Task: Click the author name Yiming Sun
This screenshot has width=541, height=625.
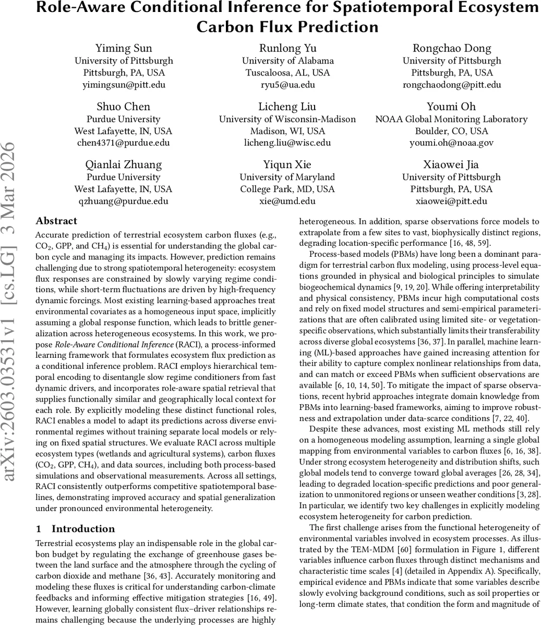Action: tap(124, 48)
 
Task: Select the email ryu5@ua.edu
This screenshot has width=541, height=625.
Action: tap(287, 84)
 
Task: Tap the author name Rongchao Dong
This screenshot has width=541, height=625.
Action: tap(452, 48)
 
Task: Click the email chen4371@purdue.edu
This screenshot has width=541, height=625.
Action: tap(124, 143)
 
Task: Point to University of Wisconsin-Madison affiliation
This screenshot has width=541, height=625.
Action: tap(287, 119)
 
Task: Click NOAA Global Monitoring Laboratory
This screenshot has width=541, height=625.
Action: tap(452, 119)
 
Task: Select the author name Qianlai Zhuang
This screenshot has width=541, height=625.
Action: tap(124, 165)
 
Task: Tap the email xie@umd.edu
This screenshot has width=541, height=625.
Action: tap(287, 201)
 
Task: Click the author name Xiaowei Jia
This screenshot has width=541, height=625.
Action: tap(452, 165)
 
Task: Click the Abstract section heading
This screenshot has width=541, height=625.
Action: tap(57, 221)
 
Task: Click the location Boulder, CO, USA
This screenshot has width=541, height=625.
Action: tap(452, 131)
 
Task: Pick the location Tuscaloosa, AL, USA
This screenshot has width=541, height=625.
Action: tap(287, 73)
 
